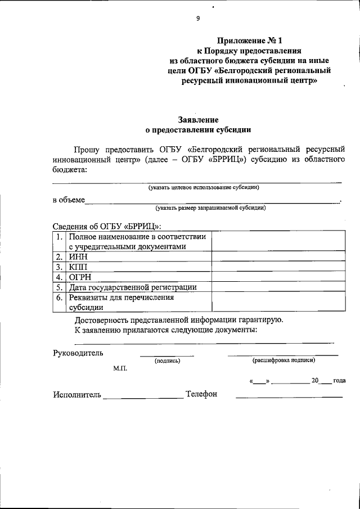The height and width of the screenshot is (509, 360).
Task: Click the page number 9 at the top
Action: pyautogui.click(x=197, y=19)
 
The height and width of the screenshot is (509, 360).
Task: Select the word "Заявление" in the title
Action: pyautogui.click(x=198, y=119)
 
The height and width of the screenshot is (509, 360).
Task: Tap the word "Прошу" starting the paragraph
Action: pyautogui.click(x=88, y=150)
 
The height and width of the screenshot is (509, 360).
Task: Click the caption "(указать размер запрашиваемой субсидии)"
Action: pyautogui.click(x=211, y=208)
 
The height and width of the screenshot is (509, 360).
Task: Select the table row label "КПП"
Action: pyautogui.click(x=79, y=267)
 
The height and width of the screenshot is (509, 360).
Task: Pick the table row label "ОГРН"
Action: pyautogui.click(x=80, y=277)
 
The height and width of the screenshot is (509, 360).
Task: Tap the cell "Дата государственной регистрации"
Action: pyautogui.click(x=133, y=287)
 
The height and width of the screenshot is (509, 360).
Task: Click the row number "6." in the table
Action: pyautogui.click(x=60, y=298)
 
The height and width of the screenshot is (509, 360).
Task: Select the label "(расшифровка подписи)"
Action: pyautogui.click(x=283, y=360)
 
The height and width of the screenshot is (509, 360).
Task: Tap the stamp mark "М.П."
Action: pyautogui.click(x=120, y=370)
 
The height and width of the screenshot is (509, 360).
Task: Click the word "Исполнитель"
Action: pyautogui.click(x=78, y=394)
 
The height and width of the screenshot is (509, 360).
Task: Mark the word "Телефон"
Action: pyautogui.click(x=201, y=394)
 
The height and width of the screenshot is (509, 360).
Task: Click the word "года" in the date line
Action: pyautogui.click(x=339, y=381)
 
